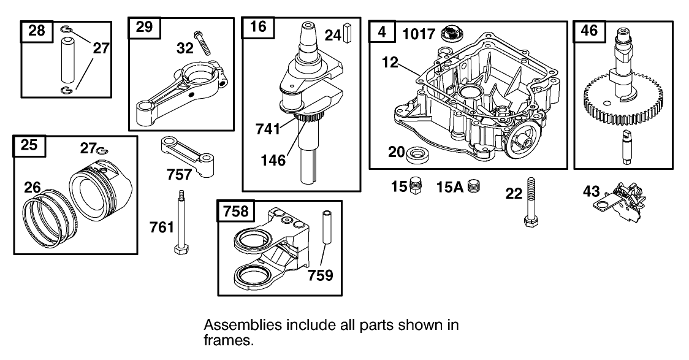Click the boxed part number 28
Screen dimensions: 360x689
37,31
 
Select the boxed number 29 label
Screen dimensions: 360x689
144,28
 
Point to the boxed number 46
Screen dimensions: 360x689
589,31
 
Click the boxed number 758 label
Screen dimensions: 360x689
236,211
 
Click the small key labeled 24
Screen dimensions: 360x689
349,34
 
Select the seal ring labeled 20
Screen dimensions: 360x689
417,153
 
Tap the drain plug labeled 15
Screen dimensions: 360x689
418,185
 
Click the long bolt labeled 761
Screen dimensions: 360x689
182,228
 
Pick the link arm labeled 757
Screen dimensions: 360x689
185,153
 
